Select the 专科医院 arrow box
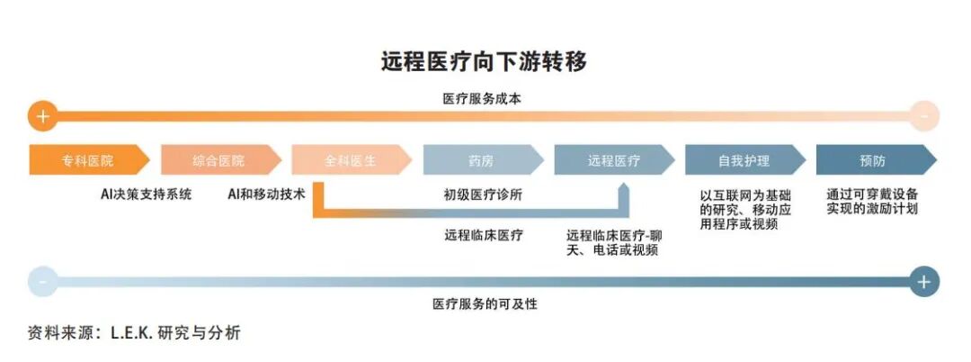pyautogui.click(x=88, y=160)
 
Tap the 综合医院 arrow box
pyautogui.click(x=219, y=160)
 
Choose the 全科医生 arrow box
pyautogui.click(x=351, y=160)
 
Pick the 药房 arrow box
pyautogui.click(x=482, y=160)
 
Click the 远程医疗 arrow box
pyautogui.click(x=613, y=160)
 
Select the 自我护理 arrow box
pyautogui.click(x=744, y=160)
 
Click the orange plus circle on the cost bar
pyautogui.click(x=42, y=115)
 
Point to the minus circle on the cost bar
pyautogui.click(x=923, y=115)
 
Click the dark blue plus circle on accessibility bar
pyautogui.click(x=923, y=281)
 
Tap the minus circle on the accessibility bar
pyautogui.click(x=42, y=281)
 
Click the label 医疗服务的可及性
pyautogui.click(x=485, y=304)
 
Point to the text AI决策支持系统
pyautogui.click(x=146, y=194)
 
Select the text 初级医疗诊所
pyautogui.click(x=483, y=194)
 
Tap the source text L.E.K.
pyautogui.click(x=137, y=333)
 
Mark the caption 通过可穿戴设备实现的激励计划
pyautogui.click(x=872, y=201)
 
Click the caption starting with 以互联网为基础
pyautogui.click(x=745, y=209)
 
